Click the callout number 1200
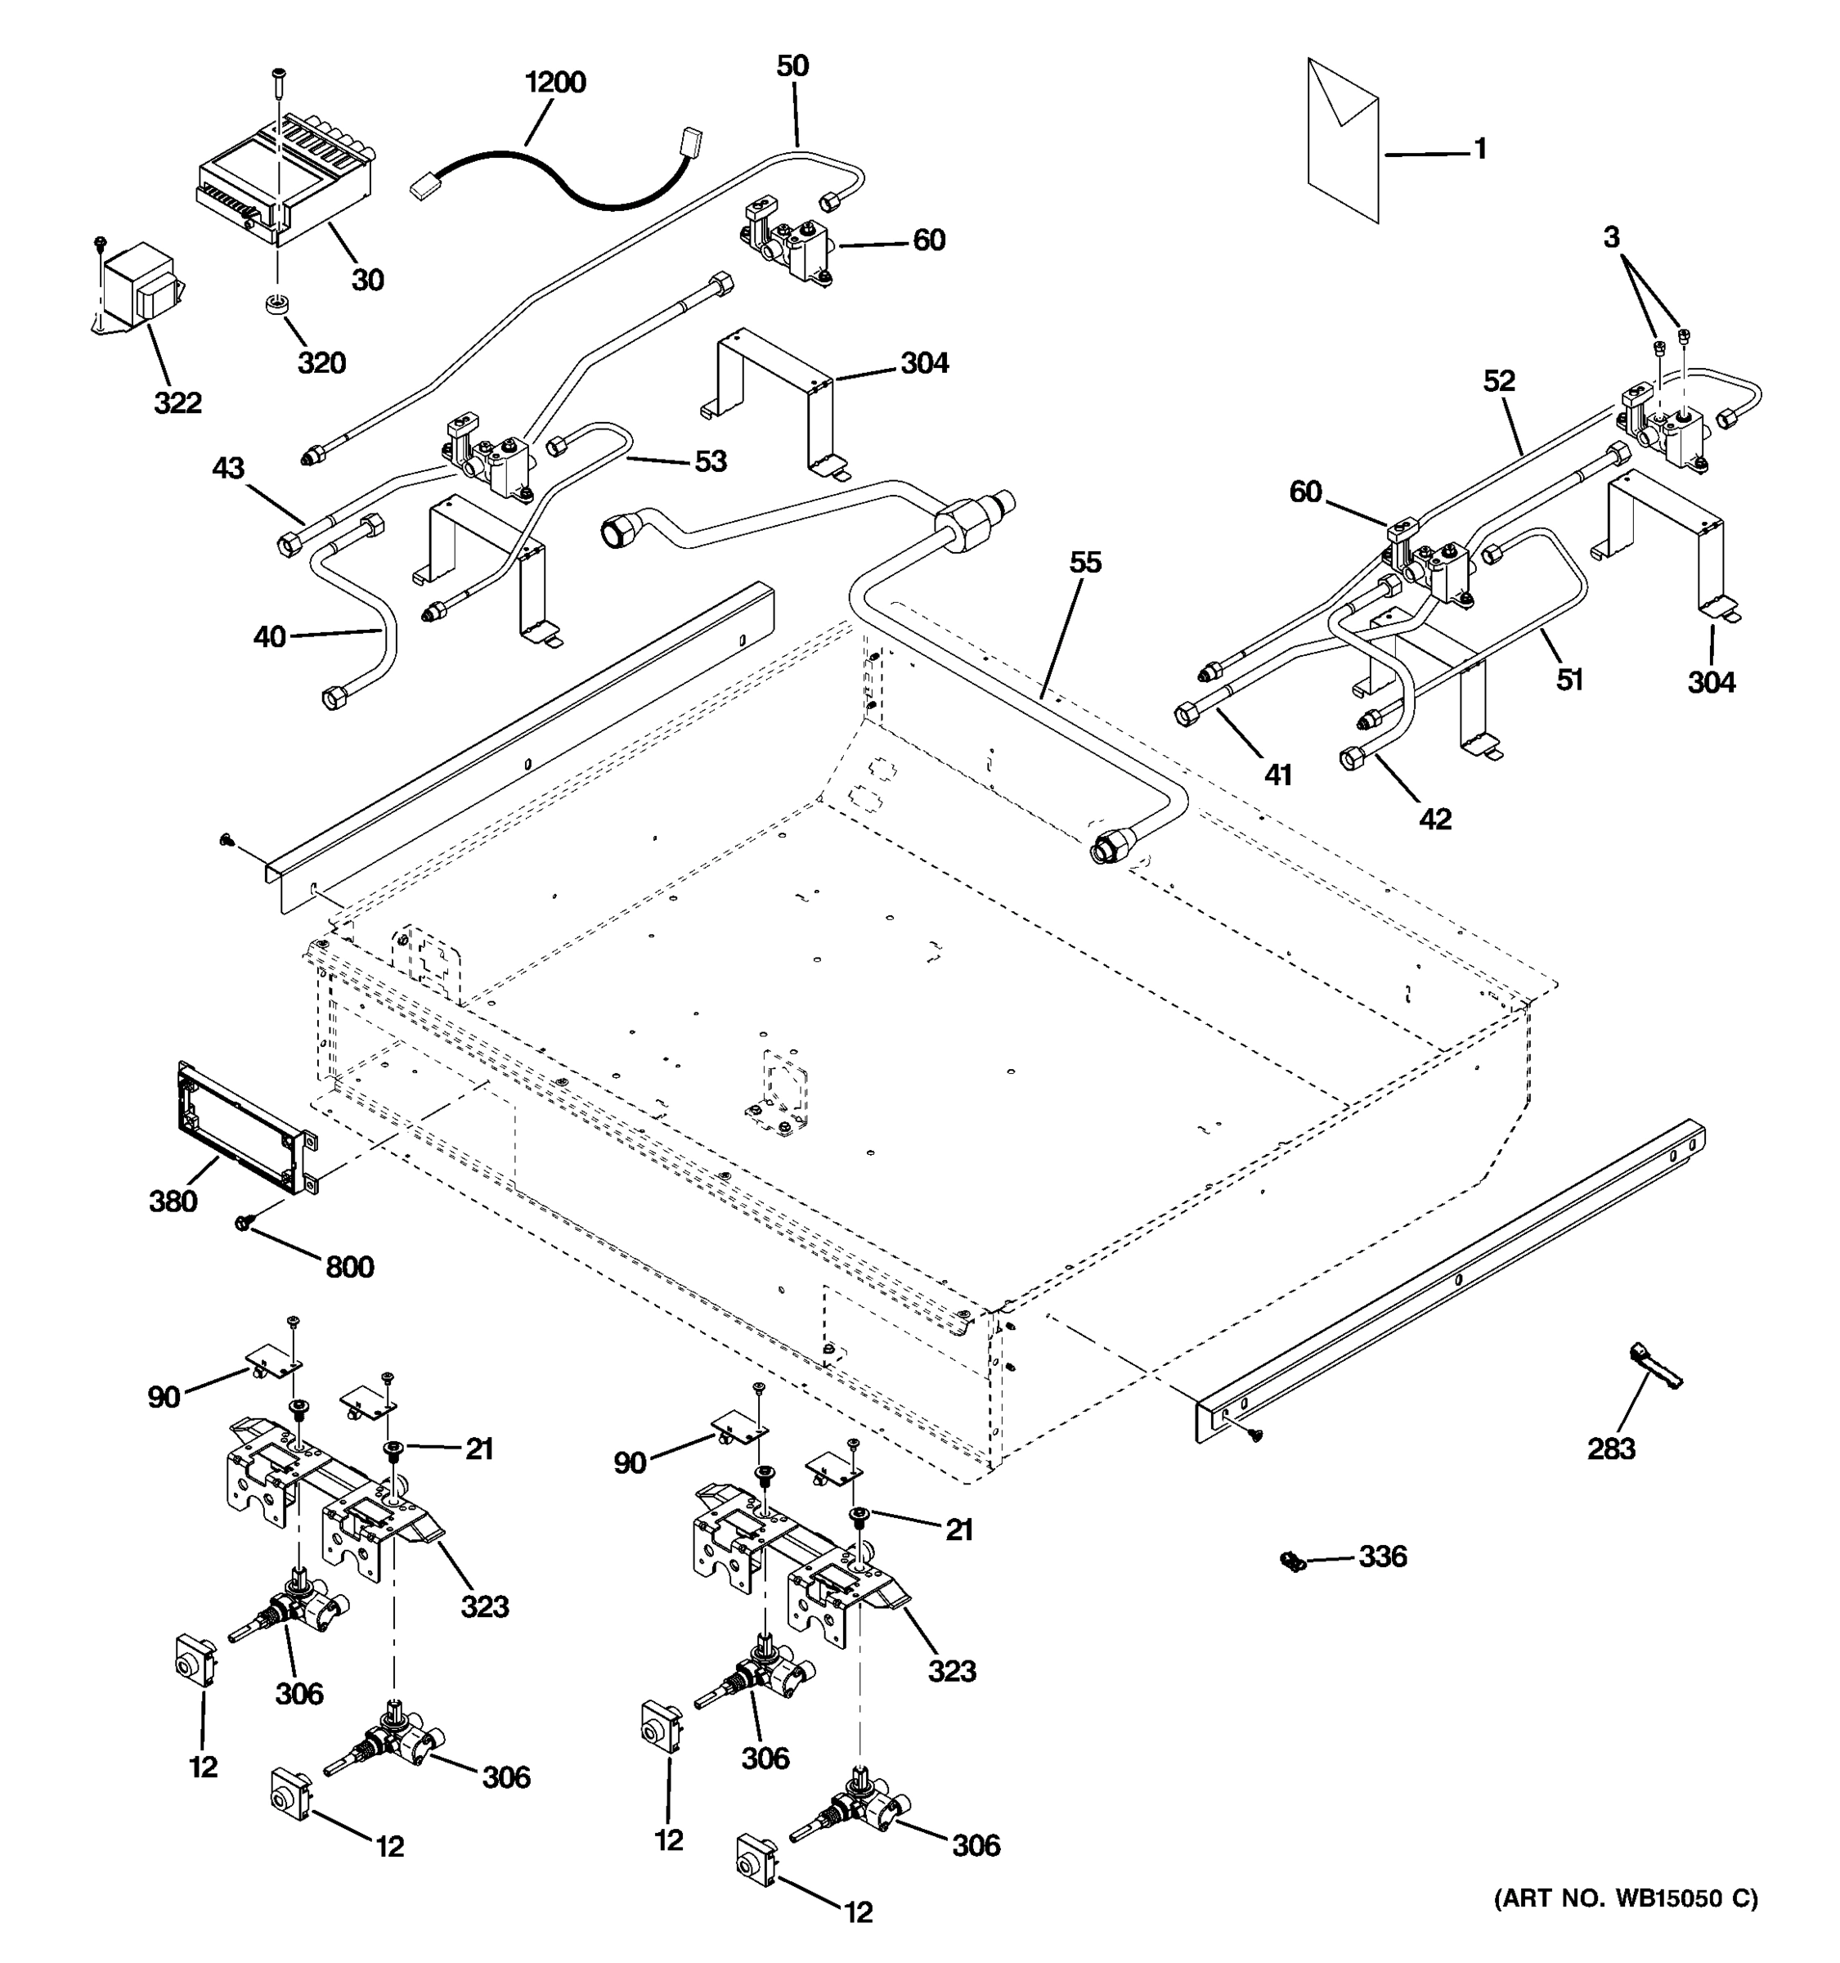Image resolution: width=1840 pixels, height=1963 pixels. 554,82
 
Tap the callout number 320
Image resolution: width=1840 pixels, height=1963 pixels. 322,363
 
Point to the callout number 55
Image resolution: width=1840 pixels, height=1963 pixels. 1085,563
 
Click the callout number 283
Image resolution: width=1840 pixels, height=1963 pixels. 1611,1449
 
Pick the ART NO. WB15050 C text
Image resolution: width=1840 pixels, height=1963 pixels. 1625,1898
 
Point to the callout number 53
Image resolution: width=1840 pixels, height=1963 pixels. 710,461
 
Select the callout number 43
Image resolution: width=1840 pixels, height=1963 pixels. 228,468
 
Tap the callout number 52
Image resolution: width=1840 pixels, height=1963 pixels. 1498,381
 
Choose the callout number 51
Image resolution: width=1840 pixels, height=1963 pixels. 1569,680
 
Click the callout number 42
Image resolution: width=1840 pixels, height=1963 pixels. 1435,819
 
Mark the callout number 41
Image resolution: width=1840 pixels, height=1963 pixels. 1277,775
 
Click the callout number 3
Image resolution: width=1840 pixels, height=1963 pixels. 1611,238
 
